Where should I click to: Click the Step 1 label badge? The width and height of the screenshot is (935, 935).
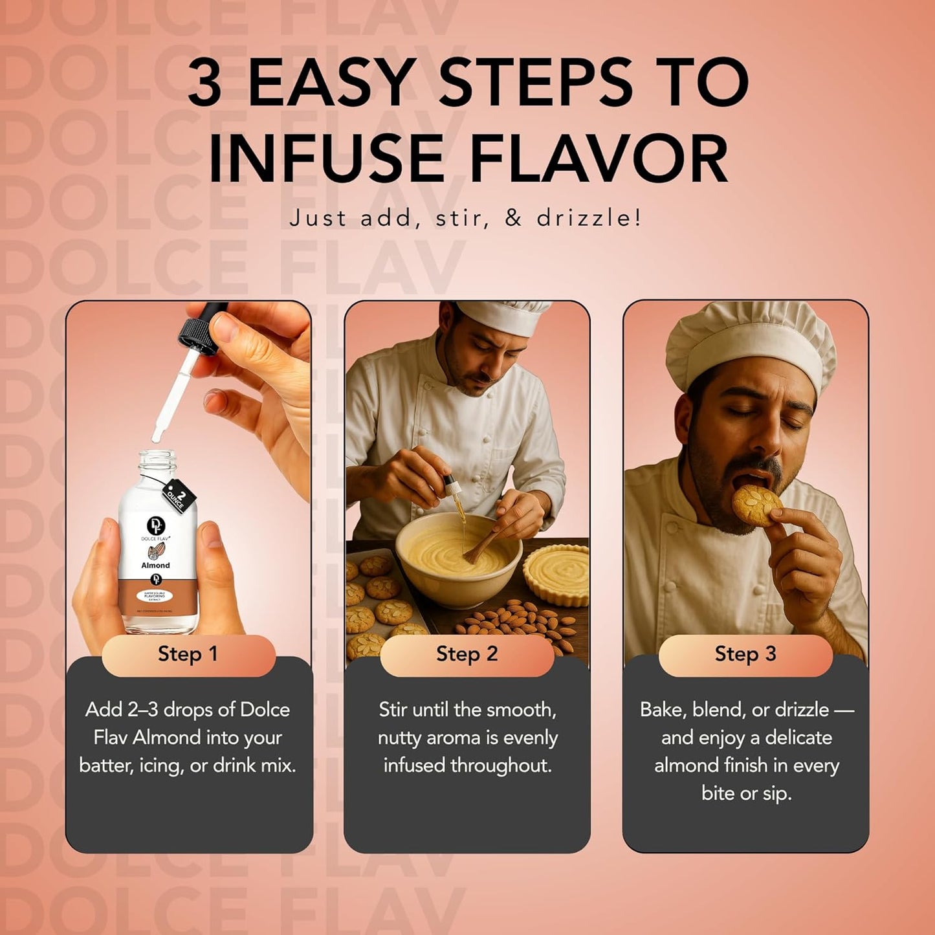pyautogui.click(x=188, y=654)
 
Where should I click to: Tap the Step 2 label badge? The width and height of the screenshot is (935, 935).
pyautogui.click(x=467, y=654)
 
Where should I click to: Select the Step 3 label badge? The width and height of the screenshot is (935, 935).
pyautogui.click(x=745, y=654)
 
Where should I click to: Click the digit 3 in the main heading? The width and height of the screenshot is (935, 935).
pyautogui.click(x=205, y=83)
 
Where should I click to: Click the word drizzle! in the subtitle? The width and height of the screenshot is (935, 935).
pyautogui.click(x=589, y=217)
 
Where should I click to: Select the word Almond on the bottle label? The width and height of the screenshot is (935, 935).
pyautogui.click(x=155, y=565)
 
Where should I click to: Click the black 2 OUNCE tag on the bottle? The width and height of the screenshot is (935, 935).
pyautogui.click(x=179, y=496)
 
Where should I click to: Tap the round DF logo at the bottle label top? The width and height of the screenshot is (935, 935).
pyautogui.click(x=155, y=525)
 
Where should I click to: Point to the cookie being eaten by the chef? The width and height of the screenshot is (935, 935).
pyautogui.click(x=756, y=504)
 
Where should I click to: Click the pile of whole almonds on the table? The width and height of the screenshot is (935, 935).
pyautogui.click(x=518, y=621)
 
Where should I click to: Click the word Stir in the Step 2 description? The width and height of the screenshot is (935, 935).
pyautogui.click(x=393, y=710)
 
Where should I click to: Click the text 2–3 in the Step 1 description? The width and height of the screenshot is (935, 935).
pyautogui.click(x=142, y=710)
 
